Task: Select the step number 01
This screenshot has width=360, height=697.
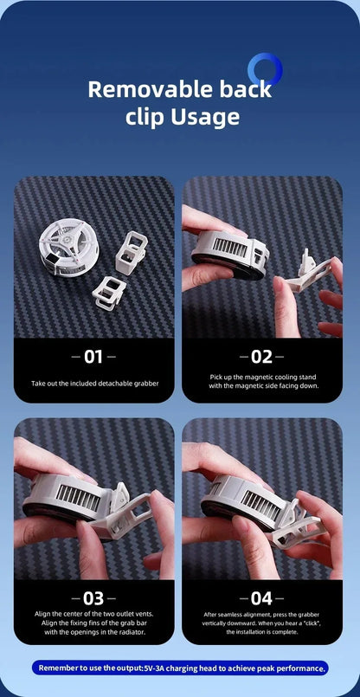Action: coord(93,356)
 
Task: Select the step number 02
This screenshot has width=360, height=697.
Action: coord(262,356)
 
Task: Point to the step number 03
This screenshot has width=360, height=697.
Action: coord(93,597)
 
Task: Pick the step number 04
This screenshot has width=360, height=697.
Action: coord(262,597)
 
